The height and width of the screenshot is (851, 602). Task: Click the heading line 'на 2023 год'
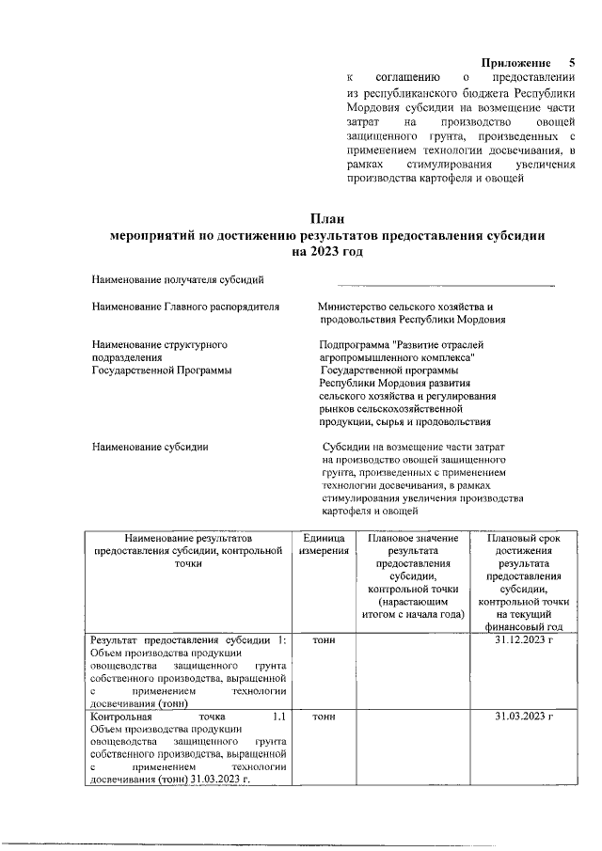click(x=326, y=253)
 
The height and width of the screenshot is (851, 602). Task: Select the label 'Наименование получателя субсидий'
click(x=178, y=278)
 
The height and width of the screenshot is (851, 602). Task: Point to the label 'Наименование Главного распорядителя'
click(x=185, y=307)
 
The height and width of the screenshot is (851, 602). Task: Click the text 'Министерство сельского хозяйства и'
click(x=405, y=307)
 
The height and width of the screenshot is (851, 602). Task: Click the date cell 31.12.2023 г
click(x=524, y=639)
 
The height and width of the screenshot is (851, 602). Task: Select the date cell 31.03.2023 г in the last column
click(x=524, y=717)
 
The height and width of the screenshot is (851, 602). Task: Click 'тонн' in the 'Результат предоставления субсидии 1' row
click(x=324, y=639)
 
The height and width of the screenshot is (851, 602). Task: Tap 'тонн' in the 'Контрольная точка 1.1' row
click(x=324, y=717)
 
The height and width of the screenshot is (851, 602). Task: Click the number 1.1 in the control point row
click(x=277, y=717)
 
